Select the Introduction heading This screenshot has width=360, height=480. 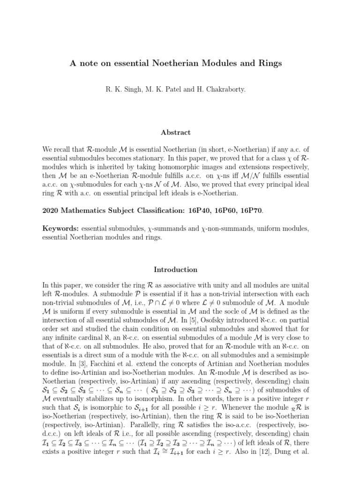coord(176,270)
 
